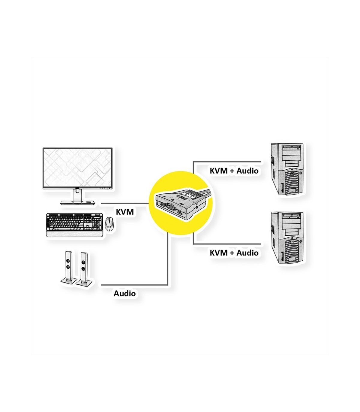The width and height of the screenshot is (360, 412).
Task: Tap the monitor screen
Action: click(77, 168)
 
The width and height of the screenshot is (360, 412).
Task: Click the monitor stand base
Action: click(79, 203)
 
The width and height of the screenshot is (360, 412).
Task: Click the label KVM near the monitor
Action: click(125, 212)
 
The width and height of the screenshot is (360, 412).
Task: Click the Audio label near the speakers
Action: click(124, 293)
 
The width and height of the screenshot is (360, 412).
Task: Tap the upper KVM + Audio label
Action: click(234, 171)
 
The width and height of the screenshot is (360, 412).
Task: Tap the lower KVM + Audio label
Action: click(234, 253)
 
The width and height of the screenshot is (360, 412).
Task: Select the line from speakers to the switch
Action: click(135, 284)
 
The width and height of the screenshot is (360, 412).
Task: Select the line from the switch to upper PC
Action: click(228, 162)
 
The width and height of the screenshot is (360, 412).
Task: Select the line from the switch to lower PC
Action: click(228, 244)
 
